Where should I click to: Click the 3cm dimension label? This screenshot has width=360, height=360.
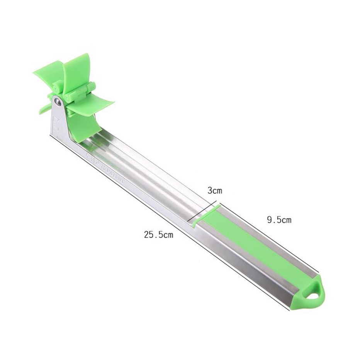[x=215, y=190]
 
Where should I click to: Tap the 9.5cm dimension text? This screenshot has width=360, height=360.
[x=279, y=220]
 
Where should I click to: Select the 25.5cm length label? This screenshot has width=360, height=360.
[x=158, y=234]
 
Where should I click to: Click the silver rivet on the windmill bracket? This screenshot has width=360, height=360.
[x=58, y=101]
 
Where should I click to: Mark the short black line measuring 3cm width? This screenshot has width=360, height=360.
[x=203, y=212]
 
